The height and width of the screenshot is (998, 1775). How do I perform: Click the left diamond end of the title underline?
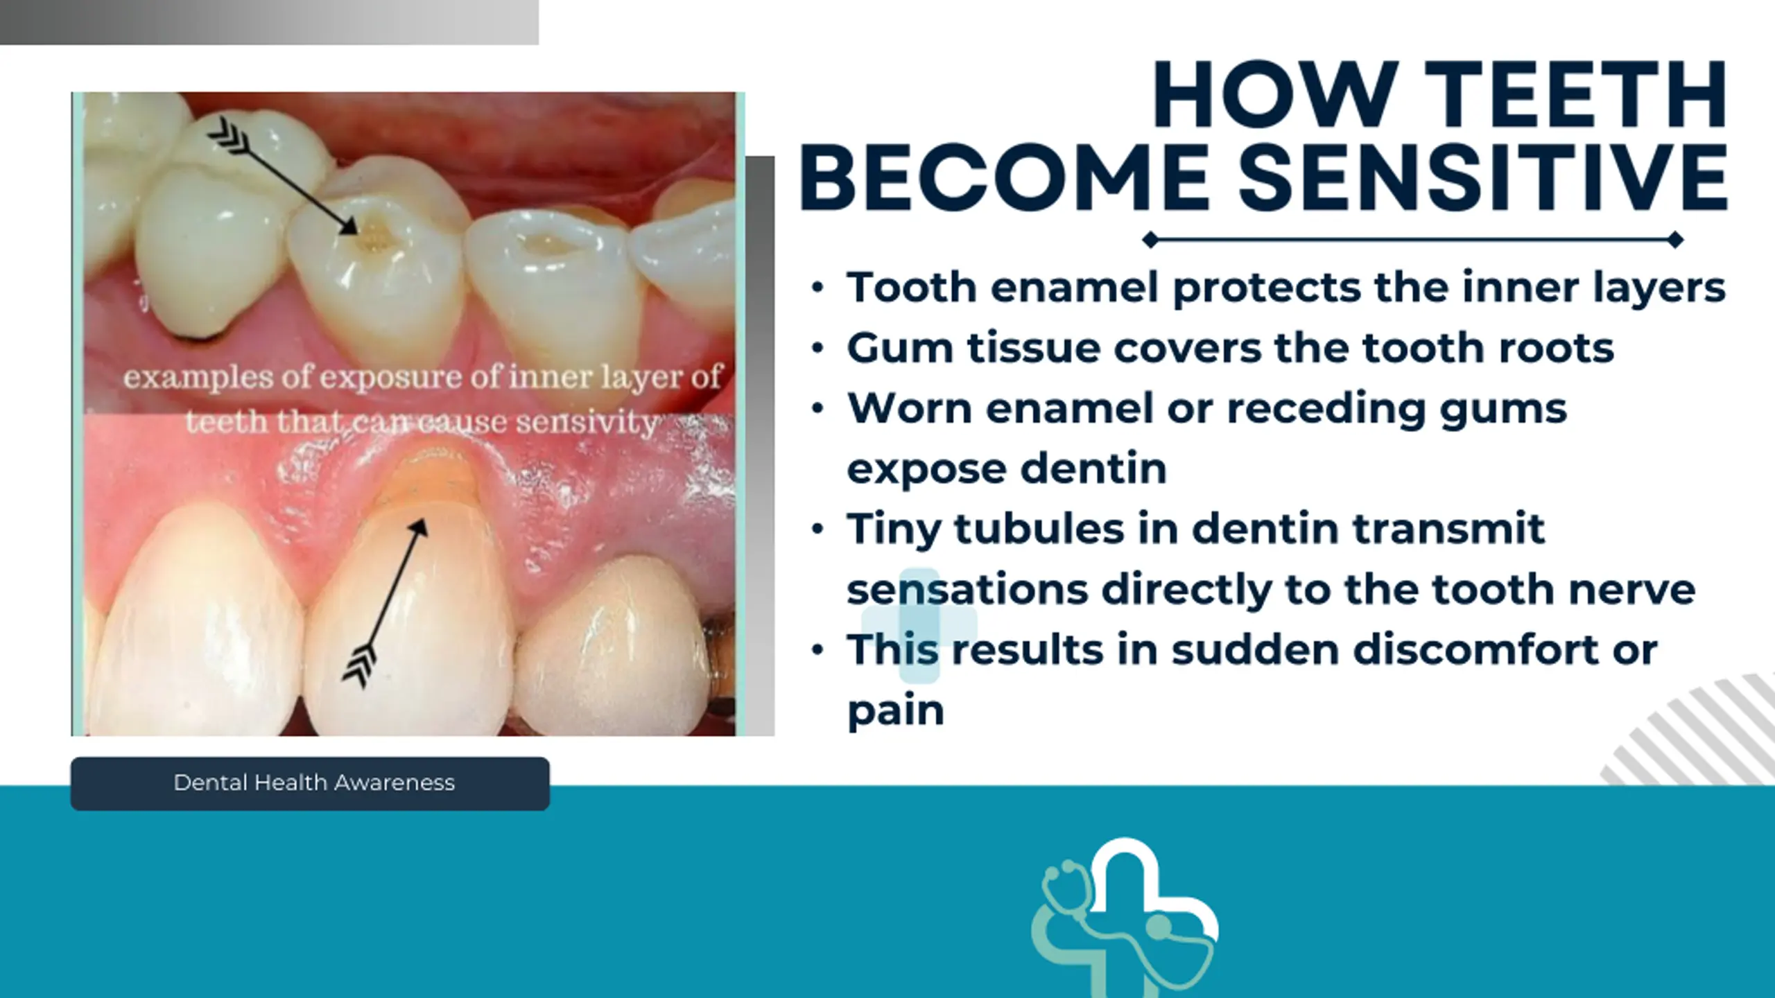pos(1150,240)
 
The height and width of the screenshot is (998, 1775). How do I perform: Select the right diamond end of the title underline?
pos(1675,240)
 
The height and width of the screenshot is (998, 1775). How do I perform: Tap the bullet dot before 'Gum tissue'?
pos(817,348)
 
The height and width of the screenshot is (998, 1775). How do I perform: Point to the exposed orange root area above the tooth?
pos(431,485)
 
